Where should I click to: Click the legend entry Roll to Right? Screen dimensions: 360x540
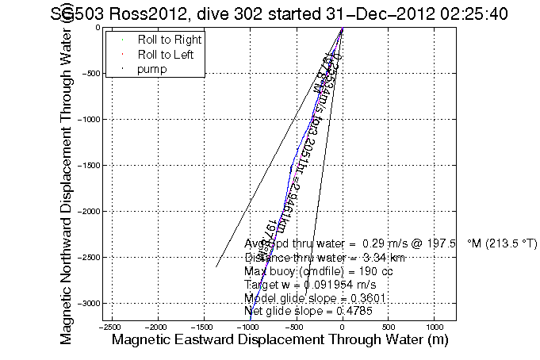(x=169, y=39)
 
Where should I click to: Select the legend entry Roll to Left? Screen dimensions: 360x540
(x=166, y=54)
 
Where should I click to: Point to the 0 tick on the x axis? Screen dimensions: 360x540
(x=342, y=326)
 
